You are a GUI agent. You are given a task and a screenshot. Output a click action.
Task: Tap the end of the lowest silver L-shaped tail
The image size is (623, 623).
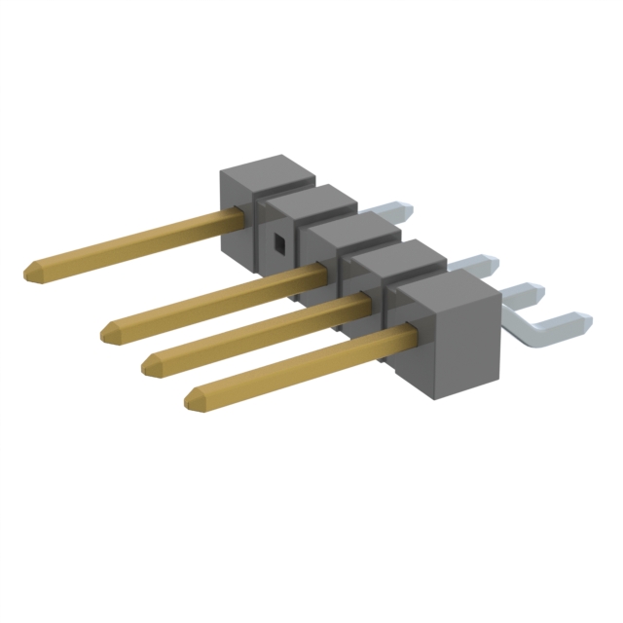tap(580, 317)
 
